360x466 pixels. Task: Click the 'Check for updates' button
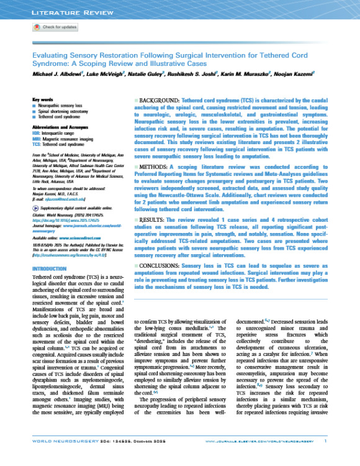click(56, 28)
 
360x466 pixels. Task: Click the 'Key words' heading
click(42, 99)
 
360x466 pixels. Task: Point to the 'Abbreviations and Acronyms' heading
click(60, 123)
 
